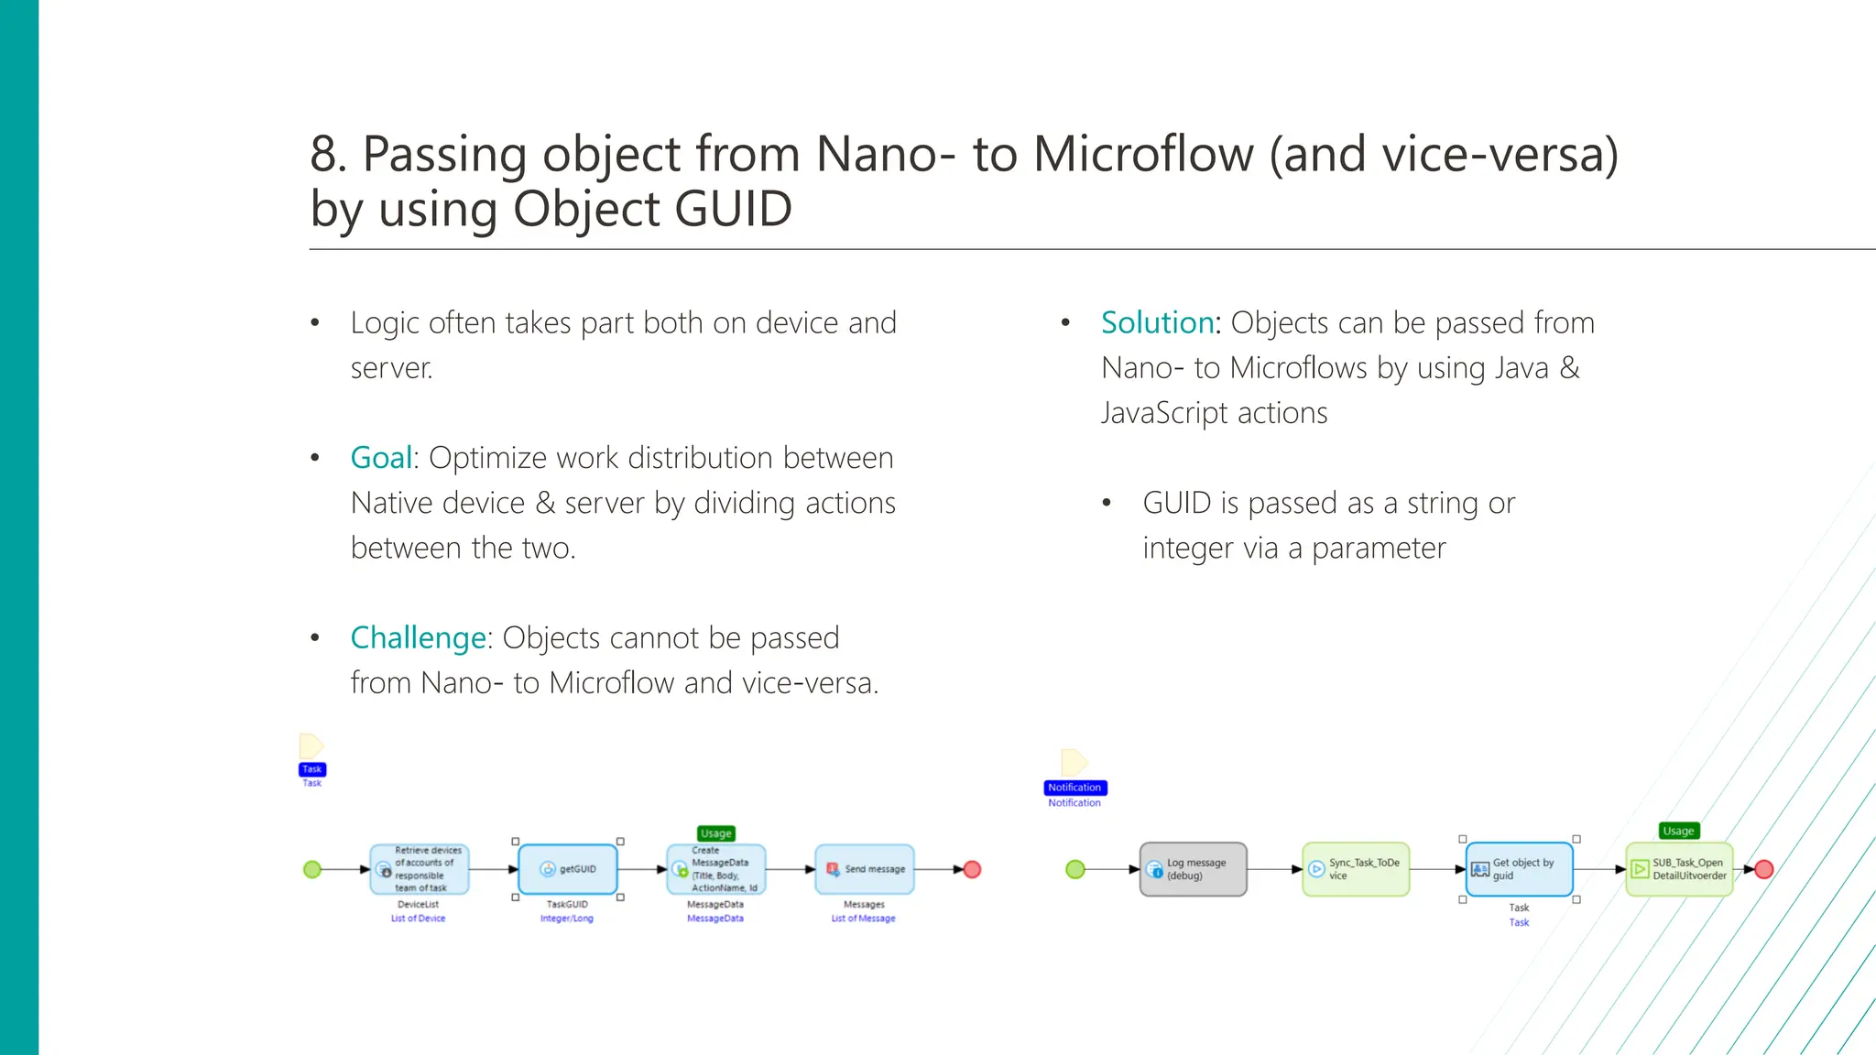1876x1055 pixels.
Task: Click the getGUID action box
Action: coord(568,869)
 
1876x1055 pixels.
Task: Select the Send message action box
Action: coord(864,869)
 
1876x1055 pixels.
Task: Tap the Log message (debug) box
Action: coord(1193,869)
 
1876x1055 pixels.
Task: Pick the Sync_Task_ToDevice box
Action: coord(1356,869)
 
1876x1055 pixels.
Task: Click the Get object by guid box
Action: coord(1519,869)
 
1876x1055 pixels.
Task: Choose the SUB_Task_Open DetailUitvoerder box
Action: coord(1679,869)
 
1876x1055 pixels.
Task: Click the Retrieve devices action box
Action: coord(420,869)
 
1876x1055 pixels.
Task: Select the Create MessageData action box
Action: coord(715,869)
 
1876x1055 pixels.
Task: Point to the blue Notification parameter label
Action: coord(1074,788)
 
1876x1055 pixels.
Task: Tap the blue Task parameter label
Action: coord(312,769)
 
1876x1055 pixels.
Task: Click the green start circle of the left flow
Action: coord(312,869)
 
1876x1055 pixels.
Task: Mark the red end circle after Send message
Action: coord(973,869)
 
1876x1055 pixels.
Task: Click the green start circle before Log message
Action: coord(1075,869)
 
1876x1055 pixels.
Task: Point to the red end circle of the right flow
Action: coord(1764,869)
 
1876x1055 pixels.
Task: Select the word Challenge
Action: coord(418,637)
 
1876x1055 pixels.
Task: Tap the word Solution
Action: coord(1157,323)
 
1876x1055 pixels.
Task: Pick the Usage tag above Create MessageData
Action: coord(716,833)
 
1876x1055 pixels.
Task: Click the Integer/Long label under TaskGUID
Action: coord(567,919)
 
